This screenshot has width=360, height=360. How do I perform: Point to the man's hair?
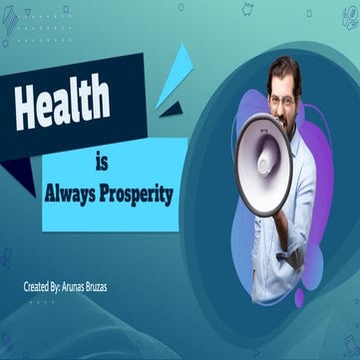click(x=283, y=70)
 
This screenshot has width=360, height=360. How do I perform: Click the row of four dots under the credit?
click(x=42, y=300)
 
